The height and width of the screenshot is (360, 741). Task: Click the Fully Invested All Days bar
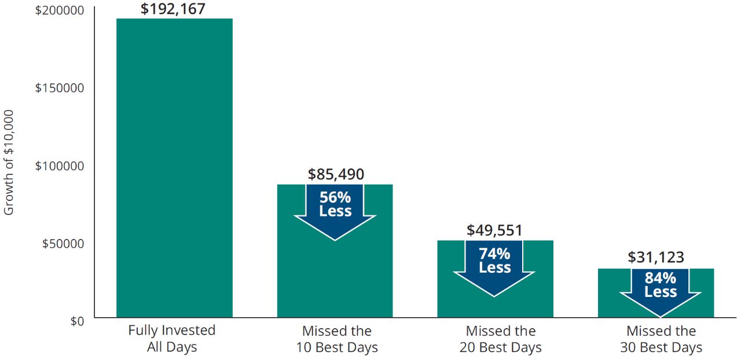point(174,168)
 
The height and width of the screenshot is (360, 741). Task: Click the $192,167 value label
point(173,9)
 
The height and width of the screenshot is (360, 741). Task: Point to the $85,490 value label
point(336,174)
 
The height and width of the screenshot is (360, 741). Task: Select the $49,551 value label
point(494,230)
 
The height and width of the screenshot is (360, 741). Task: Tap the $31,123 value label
point(655,258)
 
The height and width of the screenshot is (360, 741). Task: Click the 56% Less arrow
point(335,208)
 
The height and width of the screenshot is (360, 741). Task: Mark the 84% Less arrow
point(661,289)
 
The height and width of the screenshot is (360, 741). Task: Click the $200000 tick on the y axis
point(60,10)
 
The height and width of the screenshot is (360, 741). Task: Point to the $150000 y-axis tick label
point(60,87)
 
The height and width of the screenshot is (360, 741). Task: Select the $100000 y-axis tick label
point(60,166)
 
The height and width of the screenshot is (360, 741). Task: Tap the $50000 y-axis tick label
point(63,243)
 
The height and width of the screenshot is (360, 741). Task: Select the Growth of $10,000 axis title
point(9,163)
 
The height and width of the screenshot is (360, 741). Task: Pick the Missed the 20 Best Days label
point(500,339)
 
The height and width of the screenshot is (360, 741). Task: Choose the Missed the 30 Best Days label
point(661,339)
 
